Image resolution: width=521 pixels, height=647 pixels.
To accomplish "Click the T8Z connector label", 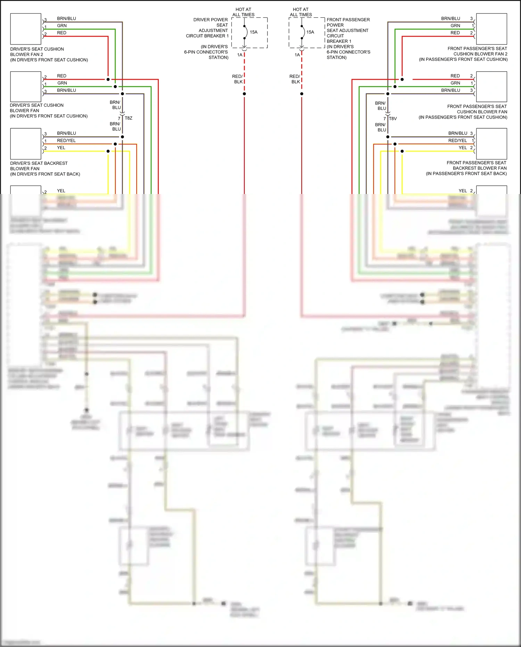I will click(129, 118).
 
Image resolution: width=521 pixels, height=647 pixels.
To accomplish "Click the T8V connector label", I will click(393, 119).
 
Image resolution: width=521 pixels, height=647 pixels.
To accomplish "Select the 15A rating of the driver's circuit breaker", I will click(254, 32).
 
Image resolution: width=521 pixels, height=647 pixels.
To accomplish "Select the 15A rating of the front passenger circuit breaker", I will click(310, 32).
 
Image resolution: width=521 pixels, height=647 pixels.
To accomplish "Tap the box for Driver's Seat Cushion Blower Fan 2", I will click(26, 29).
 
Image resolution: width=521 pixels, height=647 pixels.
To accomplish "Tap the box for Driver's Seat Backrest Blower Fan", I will click(26, 144).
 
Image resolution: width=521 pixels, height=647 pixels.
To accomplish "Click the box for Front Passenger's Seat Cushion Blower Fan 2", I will click(491, 29).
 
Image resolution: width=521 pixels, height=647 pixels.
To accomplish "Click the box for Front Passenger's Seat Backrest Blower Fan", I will click(491, 144).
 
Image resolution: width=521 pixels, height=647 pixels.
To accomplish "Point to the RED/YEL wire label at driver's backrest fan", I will click(66, 140).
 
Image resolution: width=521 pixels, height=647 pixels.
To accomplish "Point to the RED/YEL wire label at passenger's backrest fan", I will click(457, 140).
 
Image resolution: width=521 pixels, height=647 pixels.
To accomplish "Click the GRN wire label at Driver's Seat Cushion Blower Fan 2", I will click(62, 26).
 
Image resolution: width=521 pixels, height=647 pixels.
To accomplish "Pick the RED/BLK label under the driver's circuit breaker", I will click(238, 79).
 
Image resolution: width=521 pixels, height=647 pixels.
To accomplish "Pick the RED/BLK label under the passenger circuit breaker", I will click(295, 79).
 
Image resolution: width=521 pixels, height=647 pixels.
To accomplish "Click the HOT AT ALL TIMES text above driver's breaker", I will click(243, 12).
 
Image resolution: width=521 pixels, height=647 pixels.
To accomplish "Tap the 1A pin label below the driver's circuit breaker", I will click(240, 55).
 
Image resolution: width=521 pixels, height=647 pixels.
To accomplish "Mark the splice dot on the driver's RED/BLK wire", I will click(245, 94).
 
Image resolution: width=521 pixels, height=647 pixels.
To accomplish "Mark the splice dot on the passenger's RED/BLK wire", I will click(301, 94).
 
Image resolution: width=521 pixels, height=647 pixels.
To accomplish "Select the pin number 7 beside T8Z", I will click(119, 119).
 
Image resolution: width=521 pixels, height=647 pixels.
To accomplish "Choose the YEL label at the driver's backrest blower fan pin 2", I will click(61, 148).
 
